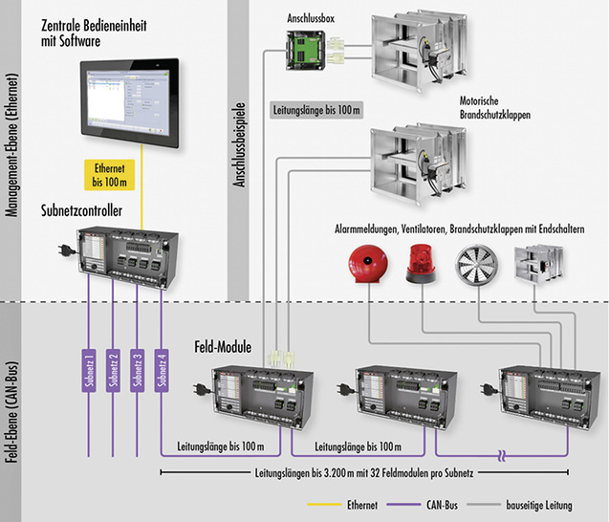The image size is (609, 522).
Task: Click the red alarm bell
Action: (x=367, y=264)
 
